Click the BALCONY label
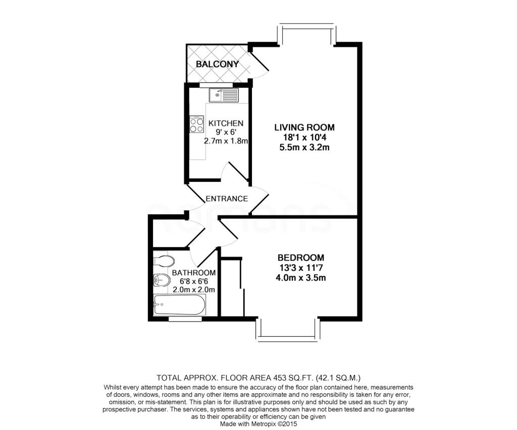(217, 64)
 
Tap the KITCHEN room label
(226, 123)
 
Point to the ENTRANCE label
(227, 198)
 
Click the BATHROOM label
(194, 272)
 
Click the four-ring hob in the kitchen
(196, 125)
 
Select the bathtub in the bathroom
(179, 305)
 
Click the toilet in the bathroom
(165, 261)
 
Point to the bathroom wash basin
(161, 280)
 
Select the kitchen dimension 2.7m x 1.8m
(226, 141)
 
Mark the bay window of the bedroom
(288, 331)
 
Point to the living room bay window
(306, 32)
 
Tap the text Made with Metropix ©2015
(258, 424)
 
